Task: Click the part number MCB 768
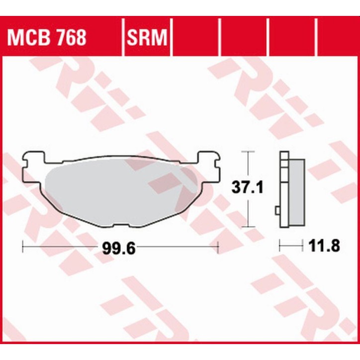(46, 37)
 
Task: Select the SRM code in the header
(146, 37)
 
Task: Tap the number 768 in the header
(70, 37)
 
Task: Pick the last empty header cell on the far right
(338, 37)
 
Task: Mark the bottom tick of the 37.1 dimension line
(248, 227)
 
